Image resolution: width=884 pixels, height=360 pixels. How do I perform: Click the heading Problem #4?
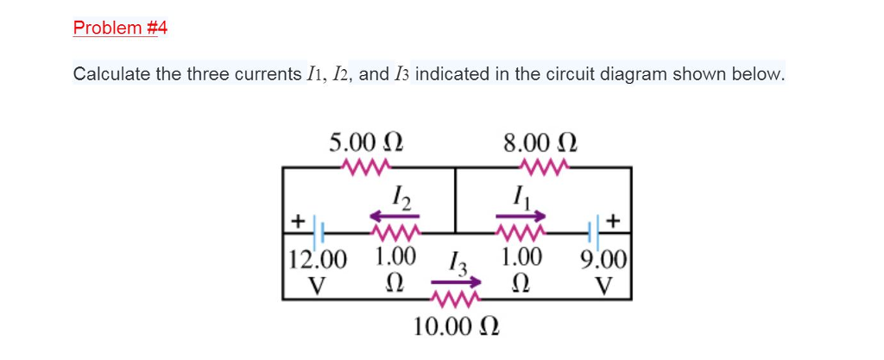[120, 28]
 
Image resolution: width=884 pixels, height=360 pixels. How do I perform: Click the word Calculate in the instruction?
[111, 74]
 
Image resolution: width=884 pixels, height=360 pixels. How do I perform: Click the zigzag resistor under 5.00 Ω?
[368, 166]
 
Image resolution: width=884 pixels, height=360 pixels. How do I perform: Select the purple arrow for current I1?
[520, 217]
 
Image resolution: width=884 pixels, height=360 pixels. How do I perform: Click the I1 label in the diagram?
[521, 198]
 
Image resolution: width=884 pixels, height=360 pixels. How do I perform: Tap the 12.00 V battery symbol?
[319, 232]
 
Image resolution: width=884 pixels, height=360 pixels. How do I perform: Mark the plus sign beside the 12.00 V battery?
[297, 220]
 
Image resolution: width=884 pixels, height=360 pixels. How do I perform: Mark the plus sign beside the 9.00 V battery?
[615, 220]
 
